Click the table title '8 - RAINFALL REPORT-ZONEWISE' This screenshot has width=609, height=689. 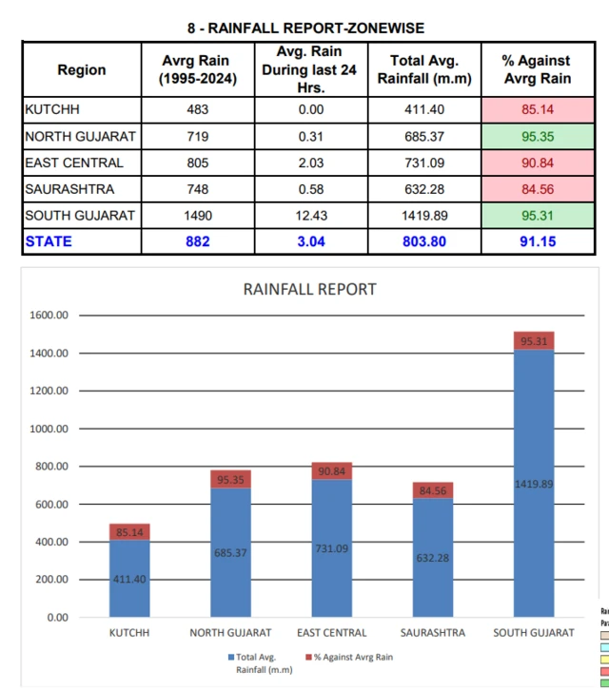tap(305, 29)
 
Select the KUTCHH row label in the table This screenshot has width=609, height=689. tap(52, 109)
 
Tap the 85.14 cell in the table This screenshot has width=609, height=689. tap(538, 109)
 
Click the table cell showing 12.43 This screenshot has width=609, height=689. tap(311, 216)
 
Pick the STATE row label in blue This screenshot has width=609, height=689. tap(49, 241)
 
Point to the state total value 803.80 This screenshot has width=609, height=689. tap(424, 241)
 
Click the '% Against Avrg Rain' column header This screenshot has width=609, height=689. tap(538, 69)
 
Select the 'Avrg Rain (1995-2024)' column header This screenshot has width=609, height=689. tap(198, 69)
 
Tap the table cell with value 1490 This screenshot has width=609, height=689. tap(198, 216)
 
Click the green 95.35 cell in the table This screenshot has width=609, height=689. tap(538, 136)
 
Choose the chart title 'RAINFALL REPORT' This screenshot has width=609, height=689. tap(310, 289)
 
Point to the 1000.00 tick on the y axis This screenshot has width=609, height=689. tap(49, 429)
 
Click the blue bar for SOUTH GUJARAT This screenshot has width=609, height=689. tap(534, 484)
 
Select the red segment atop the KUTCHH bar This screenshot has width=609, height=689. tap(129, 531)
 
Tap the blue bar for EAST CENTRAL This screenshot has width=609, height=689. tap(332, 548)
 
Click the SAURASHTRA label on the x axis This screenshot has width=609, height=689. tap(433, 633)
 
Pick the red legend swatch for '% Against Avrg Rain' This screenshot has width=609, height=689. tap(309, 657)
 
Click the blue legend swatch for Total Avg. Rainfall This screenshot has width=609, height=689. tap(231, 657)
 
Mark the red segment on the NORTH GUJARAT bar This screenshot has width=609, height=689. tap(230, 479)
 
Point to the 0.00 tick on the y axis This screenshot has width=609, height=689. tap(58, 618)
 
